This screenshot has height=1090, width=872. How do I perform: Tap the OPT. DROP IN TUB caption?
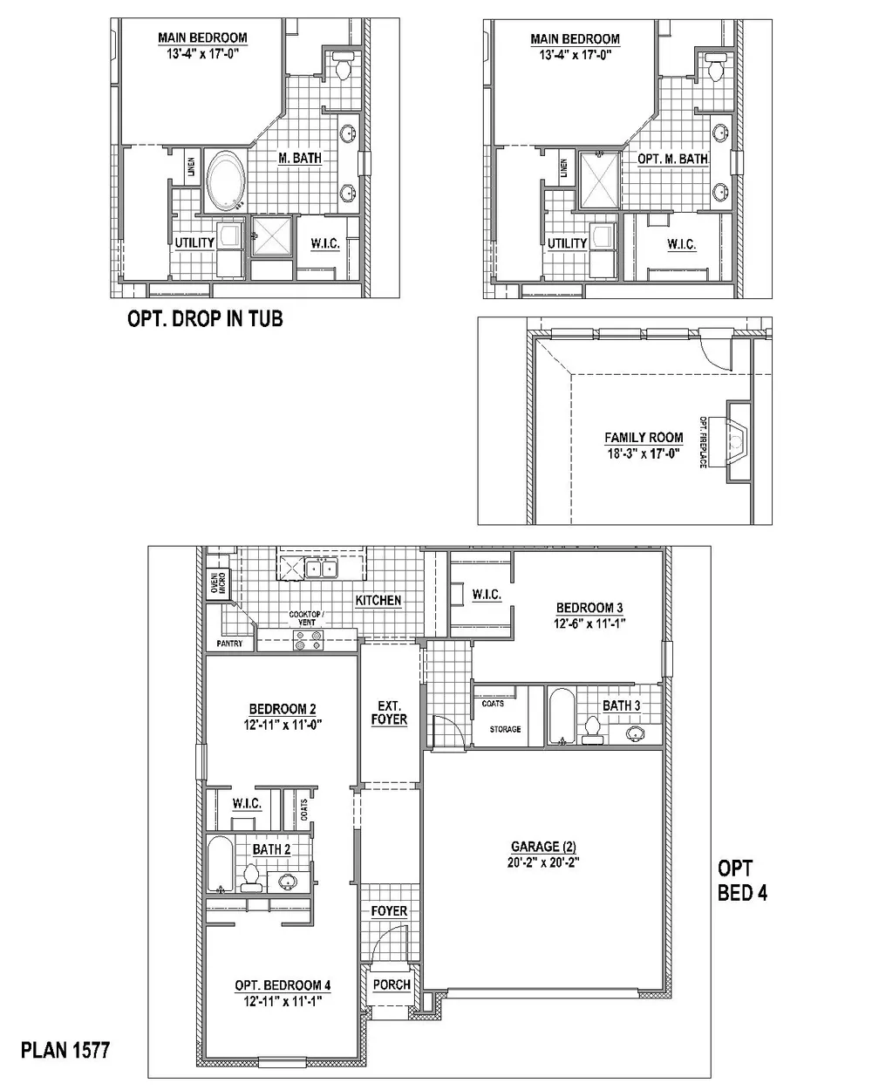click(205, 318)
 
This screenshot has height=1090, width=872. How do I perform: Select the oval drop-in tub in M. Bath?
click(226, 181)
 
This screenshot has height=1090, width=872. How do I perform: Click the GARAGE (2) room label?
click(543, 847)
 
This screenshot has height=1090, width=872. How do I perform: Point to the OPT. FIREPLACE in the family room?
click(730, 442)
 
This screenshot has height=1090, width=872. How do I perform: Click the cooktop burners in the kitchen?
click(308, 640)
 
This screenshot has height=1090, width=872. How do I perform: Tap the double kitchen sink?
click(321, 569)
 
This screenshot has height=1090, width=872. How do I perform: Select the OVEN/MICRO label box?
click(218, 583)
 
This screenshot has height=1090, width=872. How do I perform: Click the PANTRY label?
click(229, 644)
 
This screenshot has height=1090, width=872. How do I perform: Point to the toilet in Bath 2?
click(251, 879)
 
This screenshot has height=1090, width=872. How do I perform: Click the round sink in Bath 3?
click(636, 732)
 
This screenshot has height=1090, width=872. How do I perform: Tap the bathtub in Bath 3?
click(562, 716)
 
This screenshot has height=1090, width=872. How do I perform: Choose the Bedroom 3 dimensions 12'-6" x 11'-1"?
click(589, 623)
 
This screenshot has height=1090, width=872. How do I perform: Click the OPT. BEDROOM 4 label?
click(283, 984)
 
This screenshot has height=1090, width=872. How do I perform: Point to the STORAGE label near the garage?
click(505, 729)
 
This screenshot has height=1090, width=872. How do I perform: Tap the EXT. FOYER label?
click(389, 712)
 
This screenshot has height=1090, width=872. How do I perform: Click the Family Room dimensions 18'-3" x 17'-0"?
click(644, 453)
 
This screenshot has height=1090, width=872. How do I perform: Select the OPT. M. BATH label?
click(673, 159)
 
